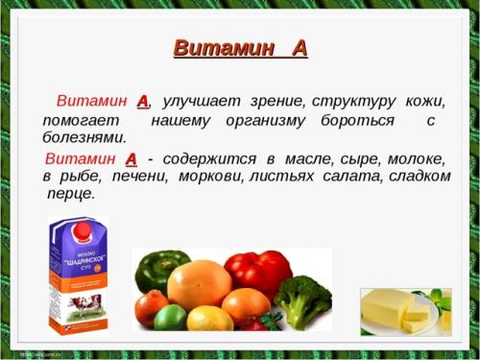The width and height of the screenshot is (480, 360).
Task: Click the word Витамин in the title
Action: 214,47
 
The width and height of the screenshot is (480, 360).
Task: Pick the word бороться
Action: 356,120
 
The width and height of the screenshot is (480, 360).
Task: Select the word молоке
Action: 414,157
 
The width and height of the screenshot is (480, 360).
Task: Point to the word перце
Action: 71,194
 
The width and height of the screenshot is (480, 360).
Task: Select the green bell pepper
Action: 161,272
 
